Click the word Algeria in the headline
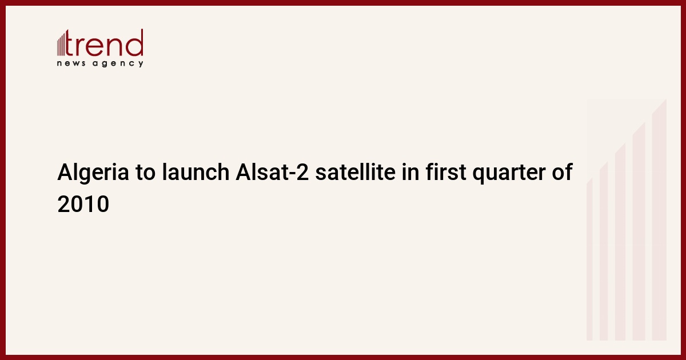point(93,173)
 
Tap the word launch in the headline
point(196,172)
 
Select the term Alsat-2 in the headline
point(272,172)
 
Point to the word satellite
point(355,172)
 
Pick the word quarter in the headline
point(509,173)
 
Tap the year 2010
point(83,204)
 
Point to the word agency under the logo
point(118,63)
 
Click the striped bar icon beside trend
point(61,43)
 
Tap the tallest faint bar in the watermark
point(659,219)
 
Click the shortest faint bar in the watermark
point(589,259)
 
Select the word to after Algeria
point(146,173)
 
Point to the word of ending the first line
point(563,172)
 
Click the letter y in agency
point(141,64)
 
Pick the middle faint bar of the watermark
point(620,242)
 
